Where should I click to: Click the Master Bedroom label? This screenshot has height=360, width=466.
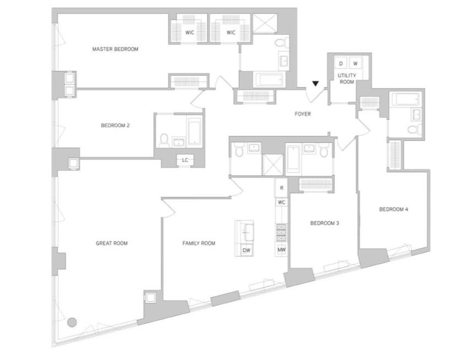116,49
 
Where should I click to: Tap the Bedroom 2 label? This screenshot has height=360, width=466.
116,125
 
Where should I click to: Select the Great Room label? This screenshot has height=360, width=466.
112,243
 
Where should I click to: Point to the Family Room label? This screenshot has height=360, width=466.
199,243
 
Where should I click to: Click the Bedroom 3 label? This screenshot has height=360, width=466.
325,223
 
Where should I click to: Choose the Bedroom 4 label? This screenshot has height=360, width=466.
394,209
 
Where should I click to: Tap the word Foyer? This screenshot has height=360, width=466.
303,114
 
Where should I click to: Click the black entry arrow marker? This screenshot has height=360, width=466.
315,84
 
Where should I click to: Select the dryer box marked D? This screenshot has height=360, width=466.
341,64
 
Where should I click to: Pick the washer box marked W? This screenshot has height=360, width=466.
355,64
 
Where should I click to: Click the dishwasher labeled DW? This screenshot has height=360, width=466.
246,251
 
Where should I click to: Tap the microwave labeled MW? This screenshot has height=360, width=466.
282,250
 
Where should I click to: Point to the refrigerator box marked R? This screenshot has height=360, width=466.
282,188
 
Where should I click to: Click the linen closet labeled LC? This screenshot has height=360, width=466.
185,160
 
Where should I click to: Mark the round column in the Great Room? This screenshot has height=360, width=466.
72,322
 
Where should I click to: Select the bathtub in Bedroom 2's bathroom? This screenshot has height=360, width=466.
195,132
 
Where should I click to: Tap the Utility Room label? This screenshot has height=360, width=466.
347,79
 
